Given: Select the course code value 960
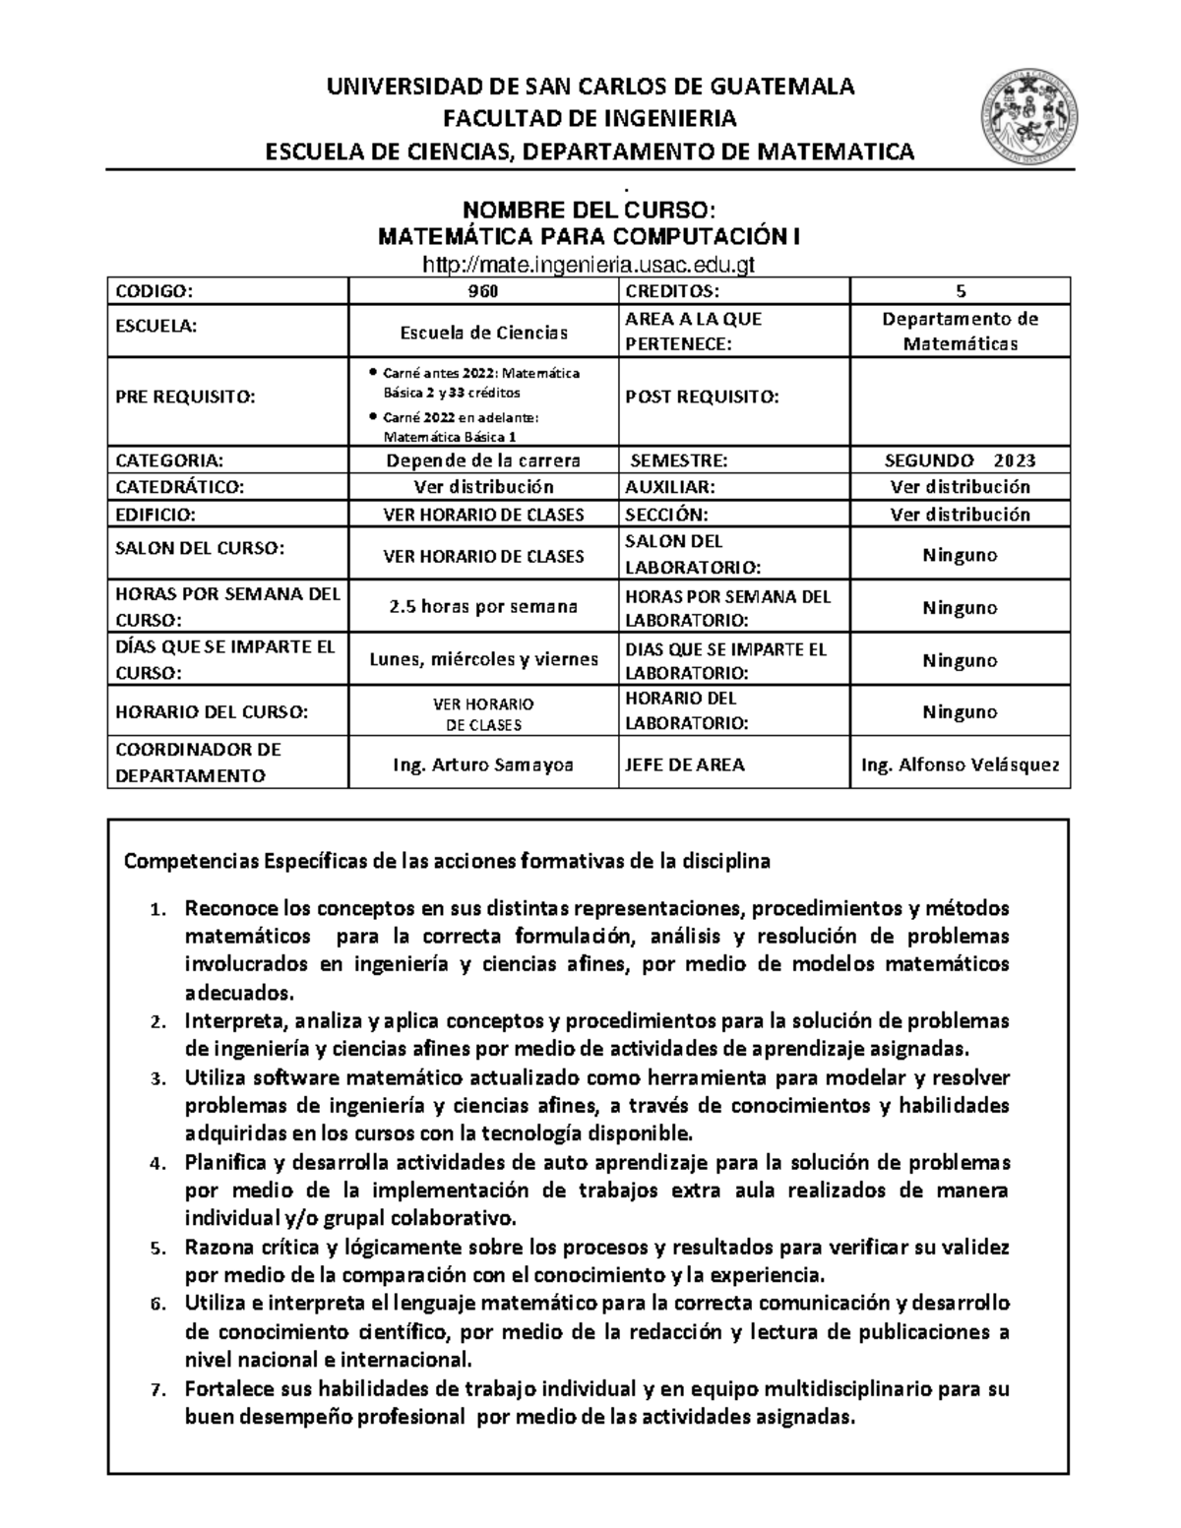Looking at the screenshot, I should point(482,291).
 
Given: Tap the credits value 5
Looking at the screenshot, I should point(960,291).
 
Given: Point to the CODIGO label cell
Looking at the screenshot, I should point(155,291).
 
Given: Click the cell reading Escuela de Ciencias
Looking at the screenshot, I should point(483,333).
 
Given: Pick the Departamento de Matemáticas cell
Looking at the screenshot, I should point(960,332).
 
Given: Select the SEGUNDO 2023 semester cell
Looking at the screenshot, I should point(960,460).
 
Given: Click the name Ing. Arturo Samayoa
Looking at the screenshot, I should point(483,764).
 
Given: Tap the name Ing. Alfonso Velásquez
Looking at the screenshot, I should point(960,764).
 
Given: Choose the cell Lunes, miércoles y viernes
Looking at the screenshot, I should point(483,659).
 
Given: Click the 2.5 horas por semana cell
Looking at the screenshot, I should point(483,607).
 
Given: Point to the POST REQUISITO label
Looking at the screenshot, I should point(702,397).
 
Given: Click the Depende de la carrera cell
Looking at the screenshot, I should point(483,460).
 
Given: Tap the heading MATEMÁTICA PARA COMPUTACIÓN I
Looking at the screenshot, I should point(589,237).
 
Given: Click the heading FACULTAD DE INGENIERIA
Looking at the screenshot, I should point(589,119).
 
